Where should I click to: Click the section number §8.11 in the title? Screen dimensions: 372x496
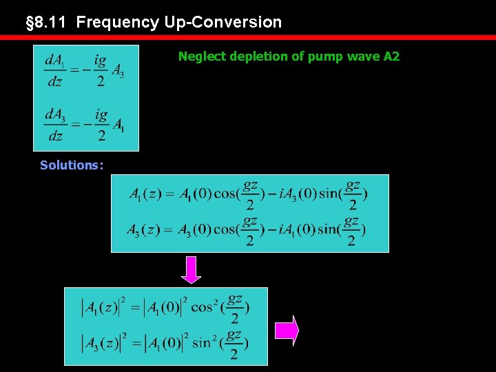(x=48, y=22)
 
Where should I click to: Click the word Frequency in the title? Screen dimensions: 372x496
(x=118, y=22)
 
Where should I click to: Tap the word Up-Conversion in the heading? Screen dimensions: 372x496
(x=223, y=22)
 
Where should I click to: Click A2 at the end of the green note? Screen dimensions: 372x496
(x=391, y=56)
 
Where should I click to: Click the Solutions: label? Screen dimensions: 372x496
(x=72, y=165)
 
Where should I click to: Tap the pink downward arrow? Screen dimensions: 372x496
(x=191, y=269)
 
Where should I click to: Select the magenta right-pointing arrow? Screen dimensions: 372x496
(x=287, y=331)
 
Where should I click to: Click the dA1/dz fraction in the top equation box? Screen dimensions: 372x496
(x=56, y=70)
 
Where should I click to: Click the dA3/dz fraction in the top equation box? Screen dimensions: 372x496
(x=56, y=124)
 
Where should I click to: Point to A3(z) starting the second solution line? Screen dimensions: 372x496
(x=142, y=230)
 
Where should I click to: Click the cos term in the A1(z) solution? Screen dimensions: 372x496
(x=237, y=194)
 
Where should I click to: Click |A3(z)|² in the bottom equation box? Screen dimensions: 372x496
(x=101, y=343)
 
